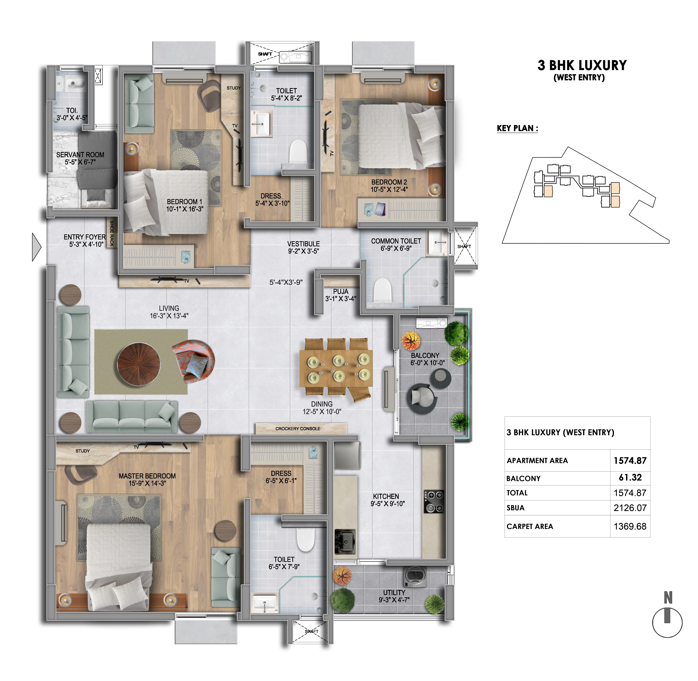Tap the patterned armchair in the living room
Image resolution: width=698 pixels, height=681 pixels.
[193, 361]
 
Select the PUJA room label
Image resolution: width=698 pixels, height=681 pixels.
[341, 291]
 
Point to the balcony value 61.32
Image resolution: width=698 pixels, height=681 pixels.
[630, 478]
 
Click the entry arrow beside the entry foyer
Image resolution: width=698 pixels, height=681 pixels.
[36, 247]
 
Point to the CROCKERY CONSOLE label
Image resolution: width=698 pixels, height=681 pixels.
[298, 429]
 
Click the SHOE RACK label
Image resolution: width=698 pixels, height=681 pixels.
[112, 233]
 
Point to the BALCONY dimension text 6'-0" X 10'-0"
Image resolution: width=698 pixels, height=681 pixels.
[427, 363]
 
